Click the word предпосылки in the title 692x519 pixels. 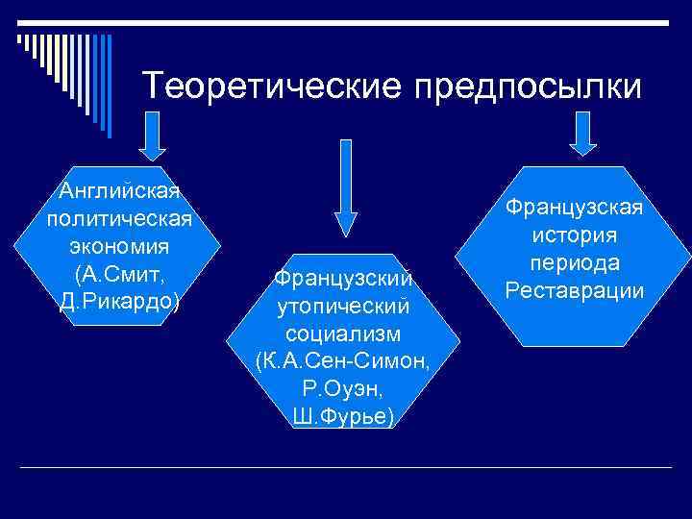pos(527,86)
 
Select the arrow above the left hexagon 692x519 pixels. pos(152,136)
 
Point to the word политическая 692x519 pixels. pos(119,215)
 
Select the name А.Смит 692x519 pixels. pos(119,273)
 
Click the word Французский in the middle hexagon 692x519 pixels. pos(343,279)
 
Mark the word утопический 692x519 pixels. pos(343,307)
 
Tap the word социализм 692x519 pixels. pos(343,334)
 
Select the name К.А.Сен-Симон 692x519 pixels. pos(343,362)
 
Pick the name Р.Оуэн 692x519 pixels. pos(343,390)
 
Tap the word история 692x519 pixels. pos(575,235)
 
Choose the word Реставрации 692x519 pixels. pos(575,290)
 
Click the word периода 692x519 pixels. pos(575,263)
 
